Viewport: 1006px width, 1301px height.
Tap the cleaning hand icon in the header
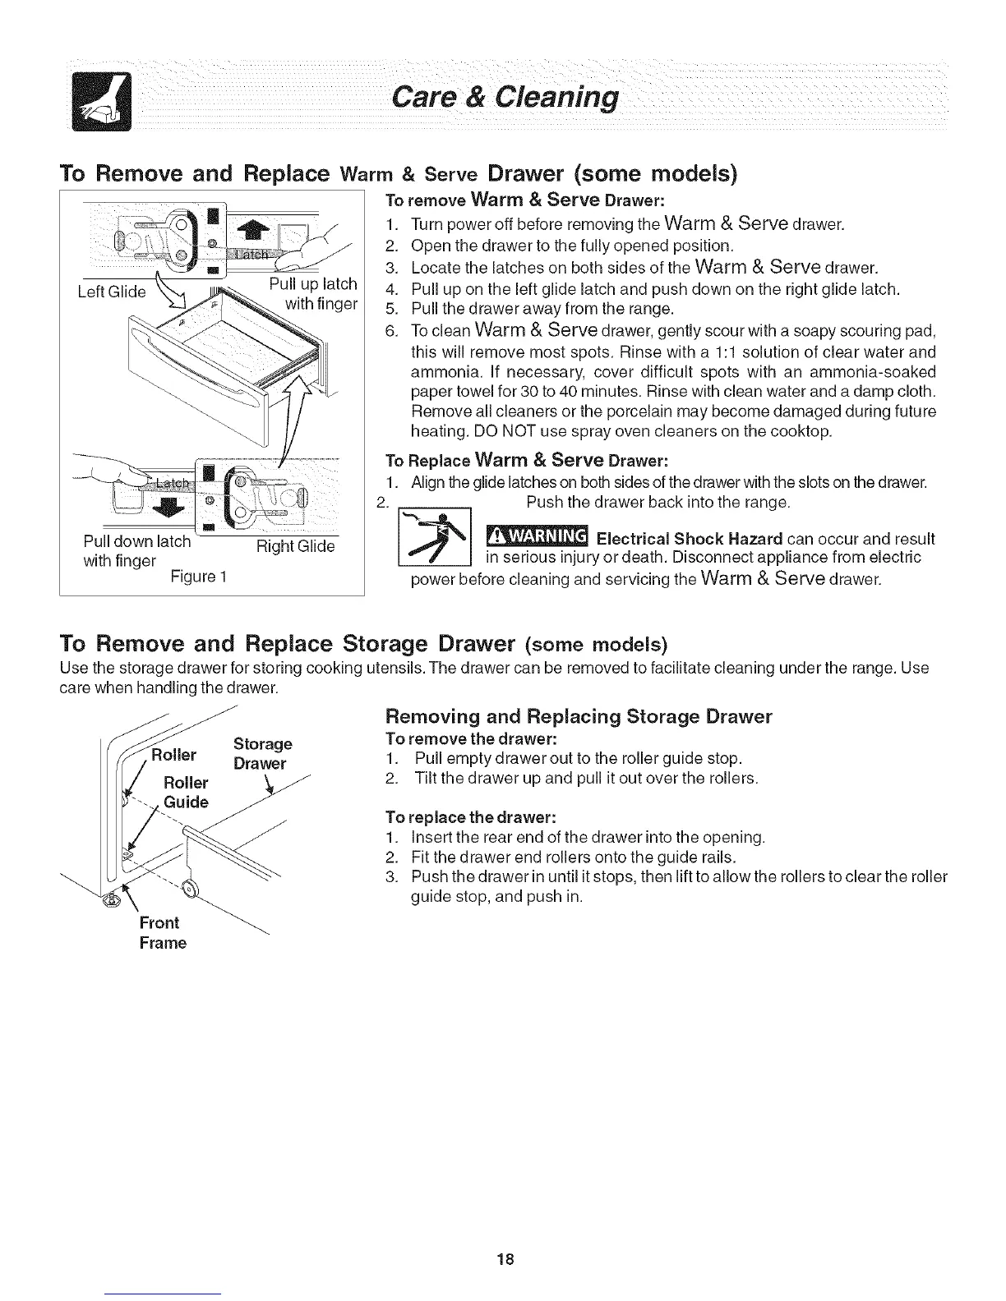click(x=97, y=102)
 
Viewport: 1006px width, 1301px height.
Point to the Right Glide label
click(x=295, y=547)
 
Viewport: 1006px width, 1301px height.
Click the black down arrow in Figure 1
click(x=167, y=508)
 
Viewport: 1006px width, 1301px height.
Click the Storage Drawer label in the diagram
click(x=261, y=753)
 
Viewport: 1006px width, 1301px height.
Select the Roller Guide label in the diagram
click(x=186, y=792)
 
